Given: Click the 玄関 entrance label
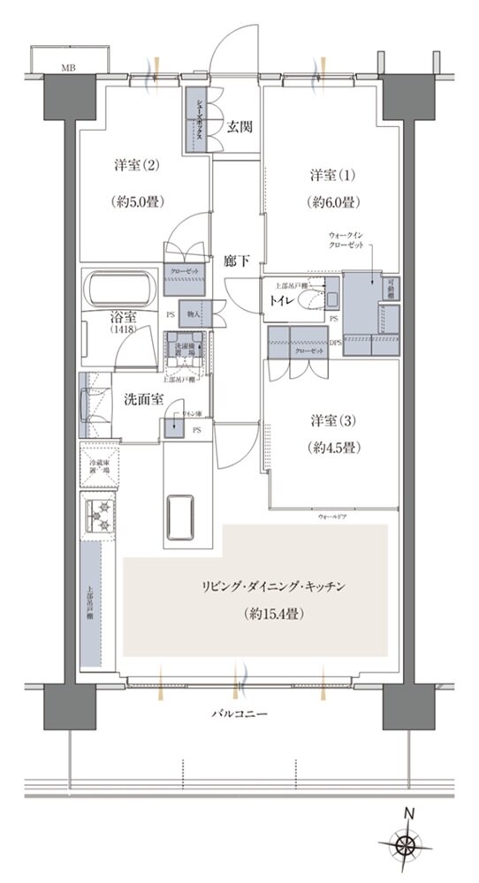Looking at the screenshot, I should [239, 126].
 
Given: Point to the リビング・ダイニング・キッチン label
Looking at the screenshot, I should [272, 585].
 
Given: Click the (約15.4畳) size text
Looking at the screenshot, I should [272, 612].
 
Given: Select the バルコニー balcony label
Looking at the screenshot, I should [240, 712].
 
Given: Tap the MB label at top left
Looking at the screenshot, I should [68, 67].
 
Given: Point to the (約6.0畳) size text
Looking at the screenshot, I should [333, 201].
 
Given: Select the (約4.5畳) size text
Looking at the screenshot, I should [333, 448].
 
